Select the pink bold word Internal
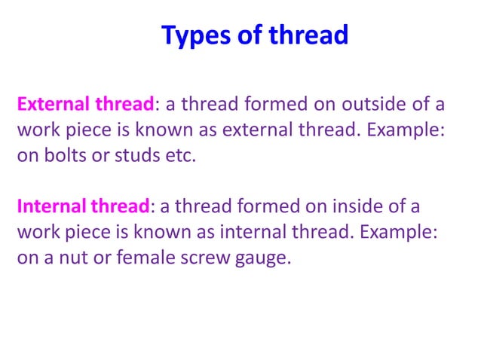pos(51,206)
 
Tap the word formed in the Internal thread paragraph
pos(276,206)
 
